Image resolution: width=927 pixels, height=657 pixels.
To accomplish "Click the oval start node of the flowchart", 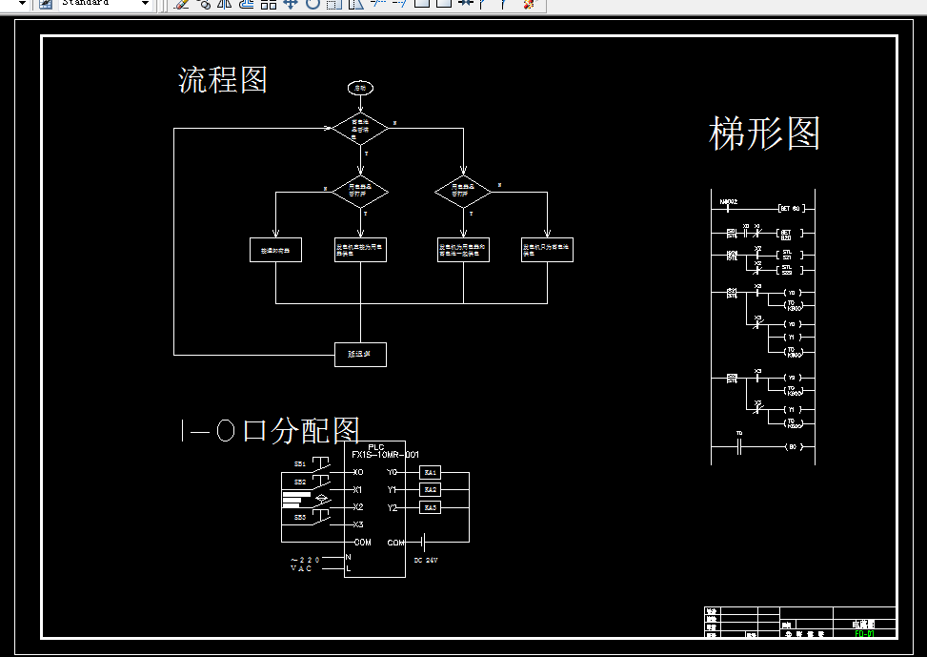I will [x=360, y=88].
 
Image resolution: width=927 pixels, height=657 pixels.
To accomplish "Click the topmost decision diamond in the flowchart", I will [x=360, y=128].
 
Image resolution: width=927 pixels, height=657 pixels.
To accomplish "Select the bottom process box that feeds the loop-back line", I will [x=360, y=355].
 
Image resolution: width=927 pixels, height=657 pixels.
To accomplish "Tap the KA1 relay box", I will [x=431, y=472].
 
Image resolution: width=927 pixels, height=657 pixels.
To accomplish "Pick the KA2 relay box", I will [x=431, y=489].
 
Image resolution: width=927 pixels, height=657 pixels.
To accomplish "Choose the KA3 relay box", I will [x=431, y=507].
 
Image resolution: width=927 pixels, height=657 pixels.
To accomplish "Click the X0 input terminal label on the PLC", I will [x=357, y=472].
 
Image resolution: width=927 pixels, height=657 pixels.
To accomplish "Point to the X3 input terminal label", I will [x=357, y=524].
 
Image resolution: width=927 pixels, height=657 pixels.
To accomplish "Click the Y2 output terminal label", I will [x=392, y=507].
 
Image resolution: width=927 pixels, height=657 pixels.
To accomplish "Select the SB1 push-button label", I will [x=299, y=464].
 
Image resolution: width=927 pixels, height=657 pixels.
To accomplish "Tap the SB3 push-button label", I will [x=299, y=517].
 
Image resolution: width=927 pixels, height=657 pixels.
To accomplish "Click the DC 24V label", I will [x=425, y=561].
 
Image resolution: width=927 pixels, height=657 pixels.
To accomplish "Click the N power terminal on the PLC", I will [x=349, y=556].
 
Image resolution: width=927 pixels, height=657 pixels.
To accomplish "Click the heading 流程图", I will [x=223, y=80].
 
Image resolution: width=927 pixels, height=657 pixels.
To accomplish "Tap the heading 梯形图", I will [x=764, y=133].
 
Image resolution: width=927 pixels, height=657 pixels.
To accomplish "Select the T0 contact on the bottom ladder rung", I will [x=739, y=445].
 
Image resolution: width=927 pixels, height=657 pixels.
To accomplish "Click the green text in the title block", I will [x=864, y=633].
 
